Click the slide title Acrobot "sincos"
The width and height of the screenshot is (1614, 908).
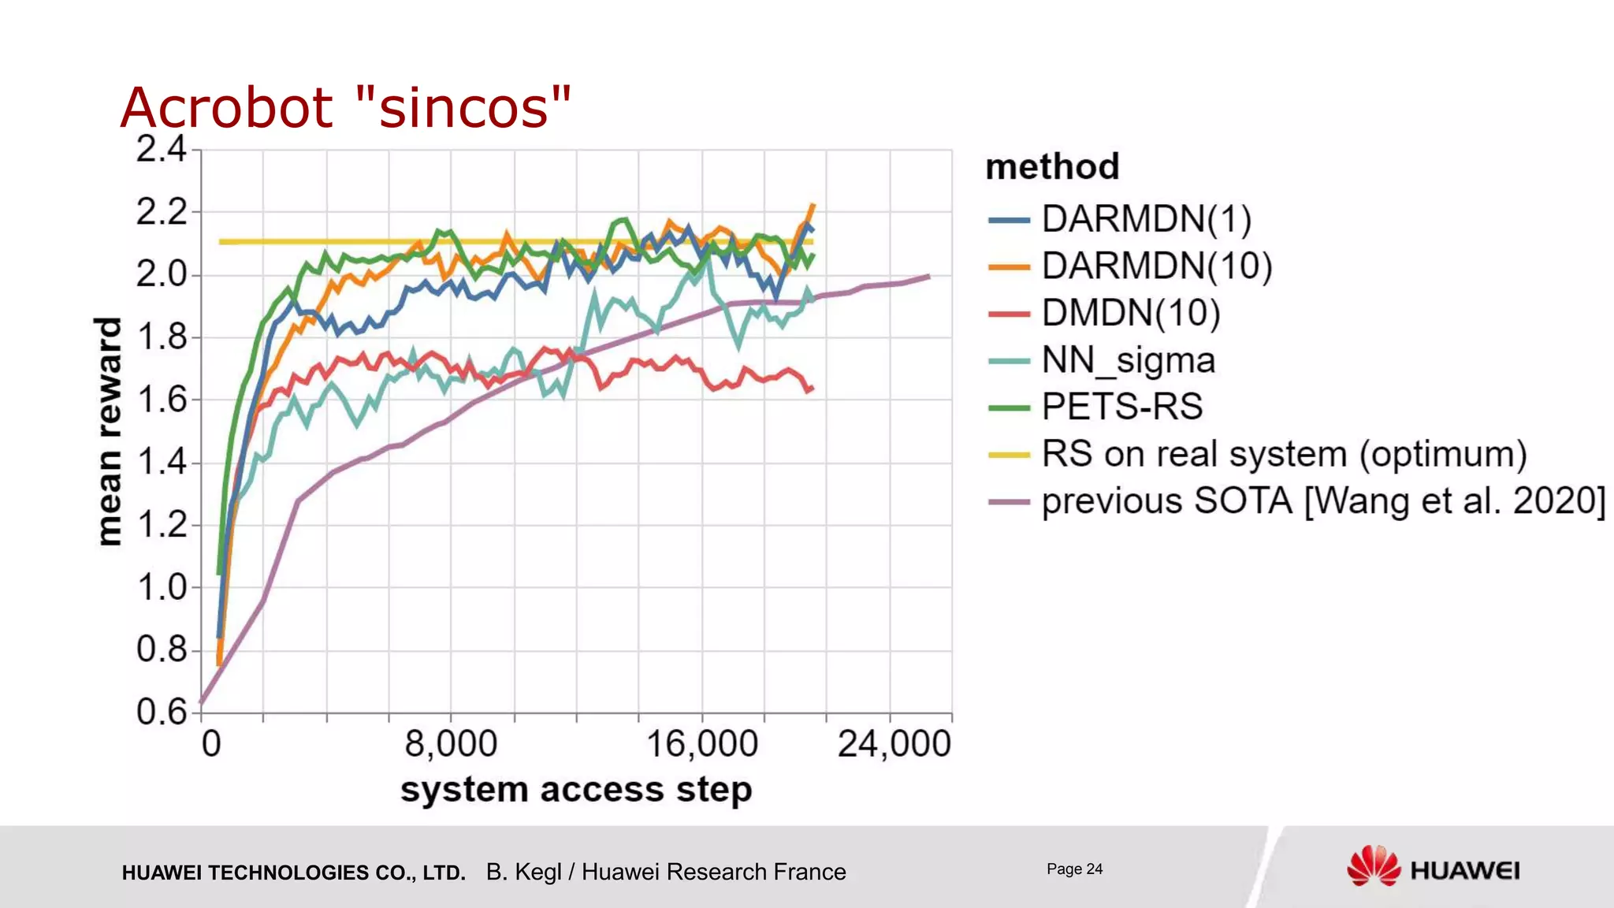(345, 107)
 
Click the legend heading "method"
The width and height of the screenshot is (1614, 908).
(1052, 167)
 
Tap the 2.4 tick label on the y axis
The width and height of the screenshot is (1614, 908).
(161, 149)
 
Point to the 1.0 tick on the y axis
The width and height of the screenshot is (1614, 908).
(161, 587)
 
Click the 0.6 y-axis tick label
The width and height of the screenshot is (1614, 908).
(161, 712)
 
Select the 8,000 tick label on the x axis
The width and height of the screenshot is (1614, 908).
(451, 744)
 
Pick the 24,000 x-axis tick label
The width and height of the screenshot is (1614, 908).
(894, 744)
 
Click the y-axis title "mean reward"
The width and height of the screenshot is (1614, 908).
(109, 430)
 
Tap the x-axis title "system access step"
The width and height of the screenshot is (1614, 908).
(576, 790)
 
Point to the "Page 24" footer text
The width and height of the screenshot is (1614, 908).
(1074, 869)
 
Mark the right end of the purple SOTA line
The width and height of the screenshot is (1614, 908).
(929, 277)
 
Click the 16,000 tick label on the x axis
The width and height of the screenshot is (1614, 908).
(701, 744)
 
